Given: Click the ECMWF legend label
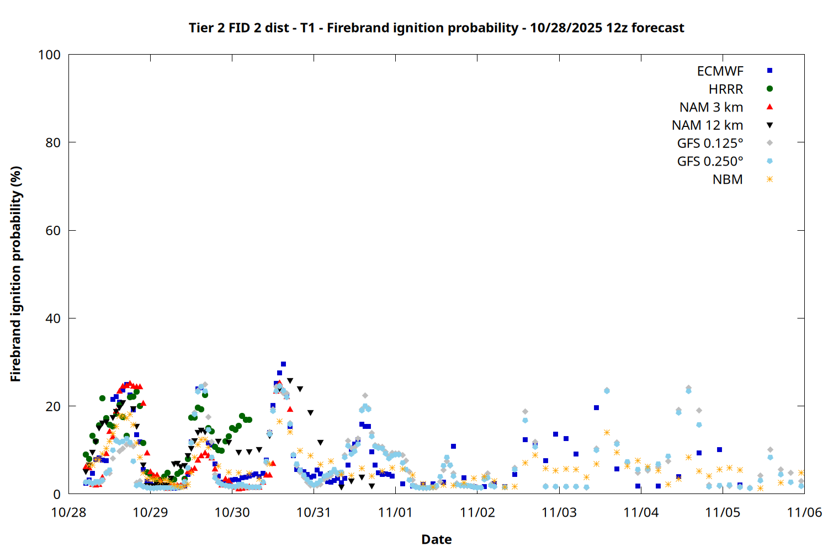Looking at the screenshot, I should coord(720,71).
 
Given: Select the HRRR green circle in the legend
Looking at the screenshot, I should coord(769,89).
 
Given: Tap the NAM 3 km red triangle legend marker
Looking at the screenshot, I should coord(769,107).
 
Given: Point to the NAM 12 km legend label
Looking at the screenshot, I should coord(707,125).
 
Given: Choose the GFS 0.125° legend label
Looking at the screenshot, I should coord(710,144).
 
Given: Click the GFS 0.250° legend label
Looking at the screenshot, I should coord(710,162).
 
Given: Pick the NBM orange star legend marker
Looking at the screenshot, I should coord(769,179).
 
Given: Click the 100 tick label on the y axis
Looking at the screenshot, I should coord(49,55).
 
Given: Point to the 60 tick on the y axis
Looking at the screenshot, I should coord(53,231).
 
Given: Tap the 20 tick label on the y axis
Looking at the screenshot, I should coord(53,406).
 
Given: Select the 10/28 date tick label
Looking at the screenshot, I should coord(68,512).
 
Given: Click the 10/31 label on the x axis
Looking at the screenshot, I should coord(314,512).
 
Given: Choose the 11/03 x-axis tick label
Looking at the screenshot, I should coord(559,512).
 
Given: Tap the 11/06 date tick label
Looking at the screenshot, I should coord(804,512).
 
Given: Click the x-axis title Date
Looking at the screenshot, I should coord(436,539).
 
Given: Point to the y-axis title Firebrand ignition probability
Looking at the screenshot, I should coord(15,274).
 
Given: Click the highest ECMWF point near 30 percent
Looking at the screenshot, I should coord(283,364).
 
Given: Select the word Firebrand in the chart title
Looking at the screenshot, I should coord(353,28).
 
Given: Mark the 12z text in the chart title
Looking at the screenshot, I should coord(617,28).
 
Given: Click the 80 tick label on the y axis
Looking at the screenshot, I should coord(53,142).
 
